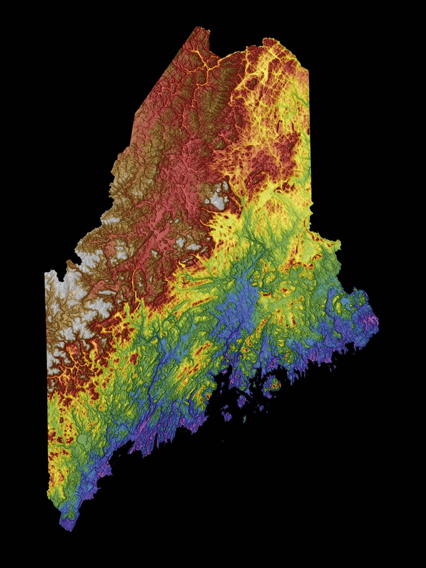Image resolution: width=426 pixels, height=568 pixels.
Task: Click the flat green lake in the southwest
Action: coord(83,439)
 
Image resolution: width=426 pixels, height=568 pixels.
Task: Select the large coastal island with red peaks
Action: coord(272,385)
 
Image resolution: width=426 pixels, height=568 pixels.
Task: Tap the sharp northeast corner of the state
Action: coord(308,71)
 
